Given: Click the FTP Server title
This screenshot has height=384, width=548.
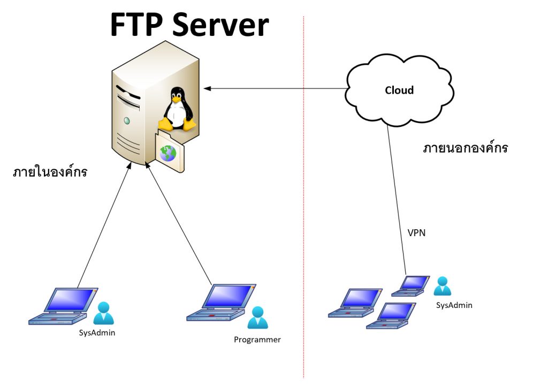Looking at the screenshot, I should [x=189, y=25].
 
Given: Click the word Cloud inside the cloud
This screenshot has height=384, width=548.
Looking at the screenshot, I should [x=399, y=90].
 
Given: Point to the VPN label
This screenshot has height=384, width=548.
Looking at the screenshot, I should [x=416, y=233].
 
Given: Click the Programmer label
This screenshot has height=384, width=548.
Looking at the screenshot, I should [x=257, y=340].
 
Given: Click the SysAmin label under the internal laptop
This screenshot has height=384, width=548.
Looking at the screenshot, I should [x=97, y=333].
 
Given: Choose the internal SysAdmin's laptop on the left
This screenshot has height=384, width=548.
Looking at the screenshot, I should [x=63, y=307].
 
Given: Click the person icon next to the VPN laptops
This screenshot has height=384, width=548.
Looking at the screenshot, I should [x=442, y=286].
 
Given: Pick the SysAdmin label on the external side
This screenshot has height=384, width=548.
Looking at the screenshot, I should [x=454, y=305].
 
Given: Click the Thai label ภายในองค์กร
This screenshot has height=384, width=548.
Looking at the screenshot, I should [x=50, y=172].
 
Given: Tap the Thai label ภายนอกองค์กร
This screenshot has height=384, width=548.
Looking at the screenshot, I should [x=465, y=148].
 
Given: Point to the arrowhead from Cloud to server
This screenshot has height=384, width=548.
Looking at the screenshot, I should [x=207, y=88].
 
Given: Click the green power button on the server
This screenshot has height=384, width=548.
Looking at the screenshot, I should [x=127, y=121].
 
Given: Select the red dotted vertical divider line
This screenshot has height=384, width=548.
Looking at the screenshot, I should [x=303, y=214].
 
